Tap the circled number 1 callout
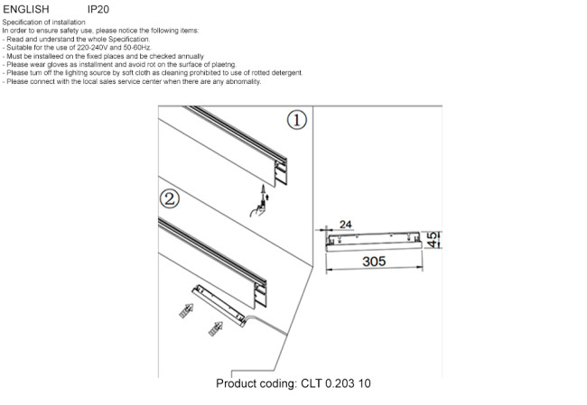pyautogui.click(x=297, y=120)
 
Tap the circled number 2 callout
pyautogui.click(x=169, y=198)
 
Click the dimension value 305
pyautogui.click(x=374, y=261)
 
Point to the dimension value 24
pyautogui.click(x=345, y=224)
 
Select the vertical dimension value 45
pyautogui.click(x=433, y=240)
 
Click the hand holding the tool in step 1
pyautogui.click(x=257, y=209)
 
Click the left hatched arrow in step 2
pyautogui.click(x=185, y=311)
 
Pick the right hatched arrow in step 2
pyautogui.click(x=217, y=327)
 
